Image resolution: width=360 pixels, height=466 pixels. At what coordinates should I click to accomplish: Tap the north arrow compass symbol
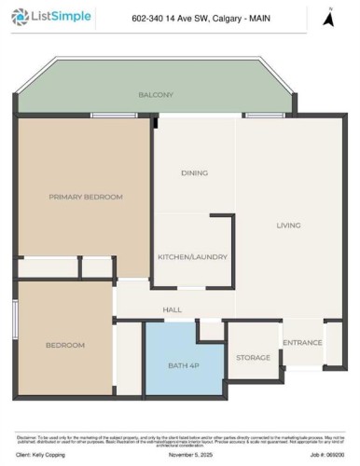click(327, 17)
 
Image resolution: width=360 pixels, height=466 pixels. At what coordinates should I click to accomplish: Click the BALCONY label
click(156, 95)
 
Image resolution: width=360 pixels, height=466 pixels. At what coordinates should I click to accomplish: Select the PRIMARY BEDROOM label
click(86, 197)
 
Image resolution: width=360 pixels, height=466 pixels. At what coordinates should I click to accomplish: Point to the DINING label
click(194, 172)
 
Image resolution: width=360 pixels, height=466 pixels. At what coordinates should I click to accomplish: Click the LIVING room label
click(287, 226)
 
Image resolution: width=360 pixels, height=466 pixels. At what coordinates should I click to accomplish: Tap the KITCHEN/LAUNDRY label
click(192, 256)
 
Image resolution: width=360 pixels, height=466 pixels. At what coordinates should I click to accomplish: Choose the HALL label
click(172, 309)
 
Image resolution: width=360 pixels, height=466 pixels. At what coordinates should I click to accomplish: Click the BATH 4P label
click(184, 364)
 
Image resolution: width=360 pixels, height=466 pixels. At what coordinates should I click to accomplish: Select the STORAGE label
click(253, 357)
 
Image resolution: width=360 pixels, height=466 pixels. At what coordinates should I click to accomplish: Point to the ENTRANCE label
click(302, 342)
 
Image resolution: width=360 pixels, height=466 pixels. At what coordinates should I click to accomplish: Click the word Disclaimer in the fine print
click(27, 434)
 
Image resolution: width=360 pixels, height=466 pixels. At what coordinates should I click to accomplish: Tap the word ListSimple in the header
click(55, 17)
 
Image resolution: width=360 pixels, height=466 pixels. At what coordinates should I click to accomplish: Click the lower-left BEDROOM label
click(65, 345)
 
